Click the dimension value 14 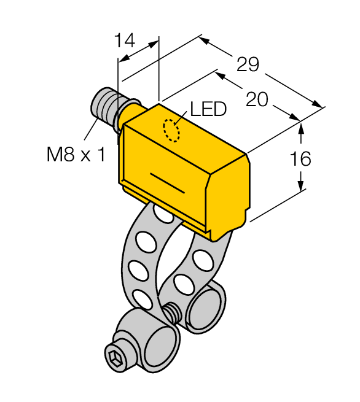[x=125, y=41]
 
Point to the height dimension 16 [x=300, y=159]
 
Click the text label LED [x=208, y=109]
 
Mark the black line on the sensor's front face [x=166, y=182]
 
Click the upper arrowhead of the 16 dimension [x=301, y=126]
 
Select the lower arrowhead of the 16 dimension [x=301, y=185]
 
